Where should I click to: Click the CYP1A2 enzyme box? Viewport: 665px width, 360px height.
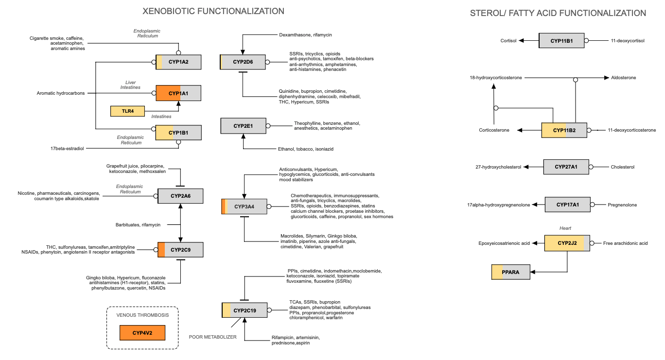tap(178, 62)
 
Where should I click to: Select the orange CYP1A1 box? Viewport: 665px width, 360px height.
tap(178, 93)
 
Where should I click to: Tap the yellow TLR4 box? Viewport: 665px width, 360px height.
tap(128, 111)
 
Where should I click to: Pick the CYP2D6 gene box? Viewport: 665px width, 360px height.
tap(243, 62)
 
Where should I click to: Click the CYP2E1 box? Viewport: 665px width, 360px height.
tap(243, 126)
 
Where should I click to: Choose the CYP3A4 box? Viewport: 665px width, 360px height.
tap(244, 206)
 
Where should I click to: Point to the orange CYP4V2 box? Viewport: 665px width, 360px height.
tap(143, 333)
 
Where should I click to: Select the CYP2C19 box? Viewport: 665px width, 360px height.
tap(245, 310)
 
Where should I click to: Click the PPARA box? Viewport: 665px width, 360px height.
tap(510, 272)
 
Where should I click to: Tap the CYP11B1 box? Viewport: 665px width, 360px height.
tap(561, 41)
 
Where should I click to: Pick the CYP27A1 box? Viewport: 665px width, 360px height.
tap(566, 167)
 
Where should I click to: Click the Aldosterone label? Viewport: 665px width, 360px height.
tap(624, 78)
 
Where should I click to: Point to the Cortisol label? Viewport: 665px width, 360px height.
tap(508, 41)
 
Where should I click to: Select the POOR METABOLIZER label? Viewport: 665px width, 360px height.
tap(213, 337)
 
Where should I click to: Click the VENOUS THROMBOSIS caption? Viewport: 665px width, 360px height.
tap(142, 315)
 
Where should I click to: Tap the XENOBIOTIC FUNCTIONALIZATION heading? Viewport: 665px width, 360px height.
tap(213, 11)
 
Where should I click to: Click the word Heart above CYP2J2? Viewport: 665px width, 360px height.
tap(565, 228)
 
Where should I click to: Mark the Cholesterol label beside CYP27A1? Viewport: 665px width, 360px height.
tap(622, 167)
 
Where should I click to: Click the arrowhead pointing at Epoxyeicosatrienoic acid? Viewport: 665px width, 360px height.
tap(534, 243)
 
